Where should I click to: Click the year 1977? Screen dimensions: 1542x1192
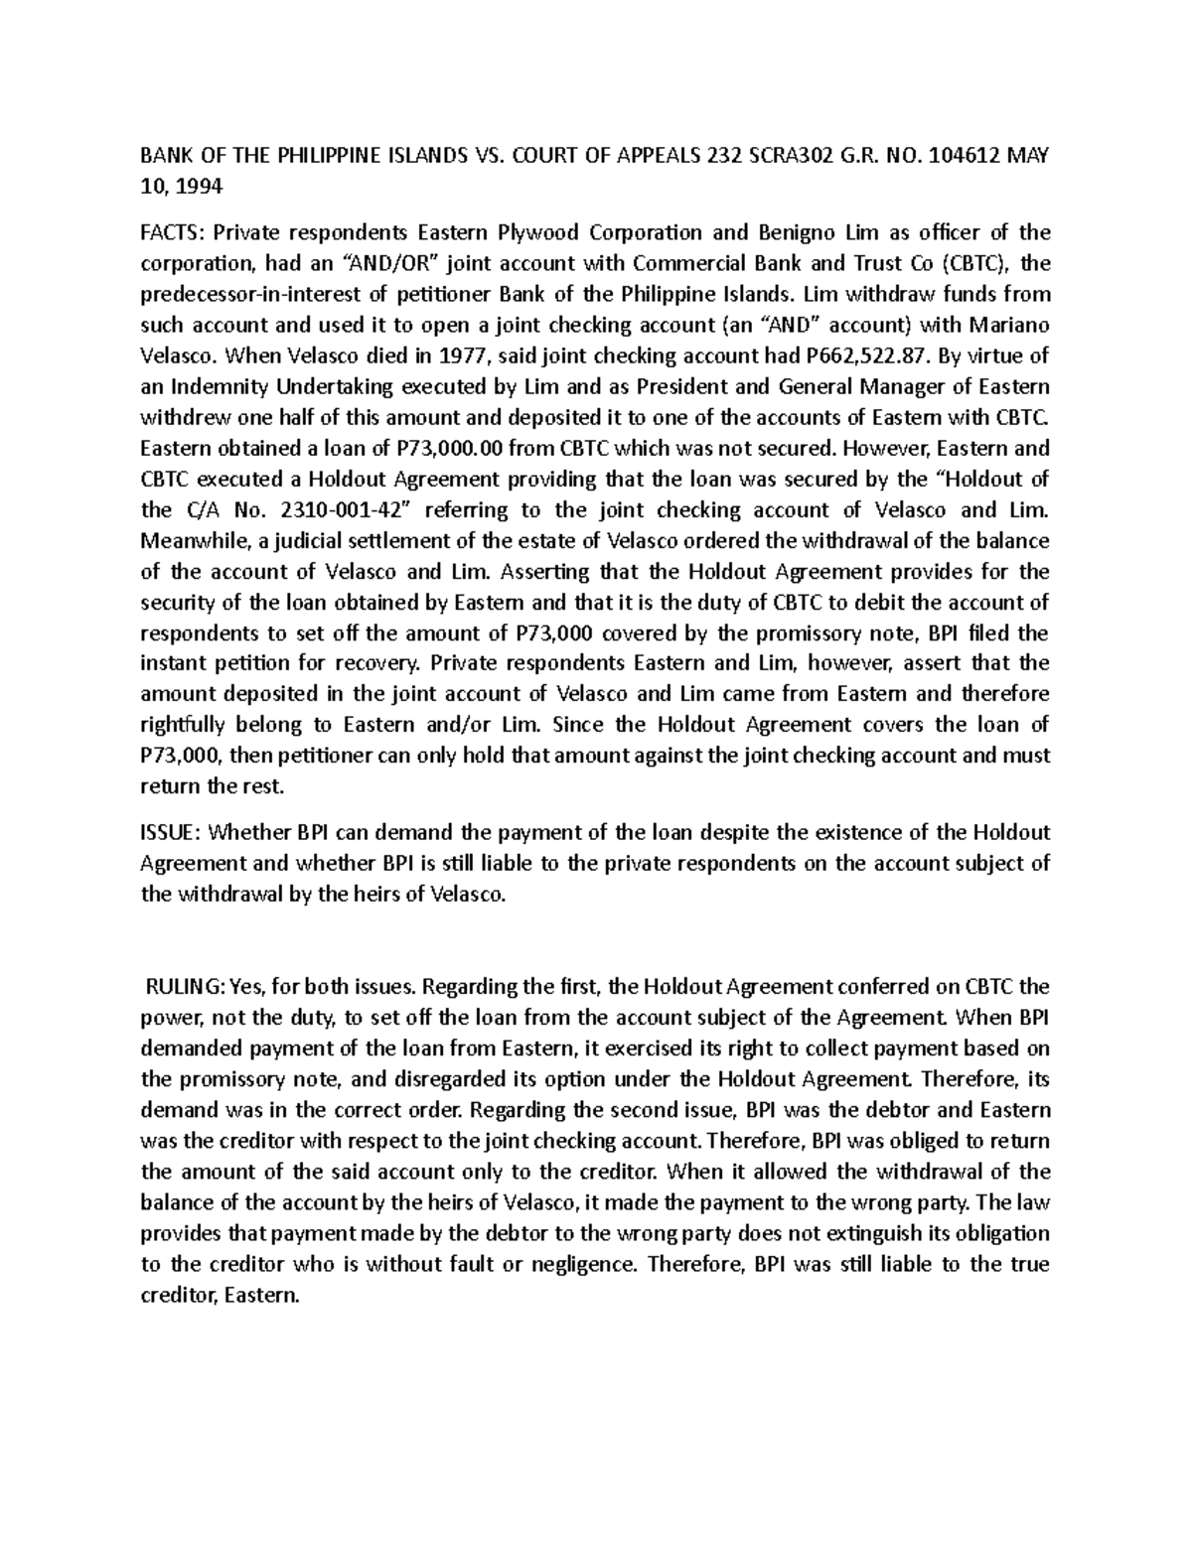coord(428,356)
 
